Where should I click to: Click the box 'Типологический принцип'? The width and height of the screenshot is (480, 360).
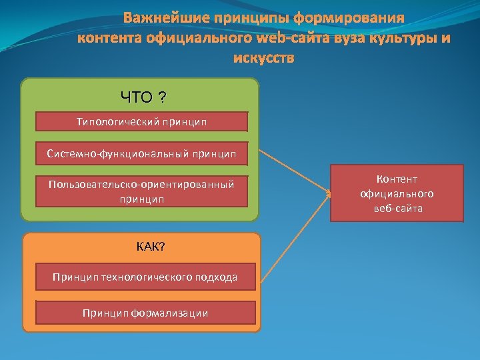[x=141, y=121]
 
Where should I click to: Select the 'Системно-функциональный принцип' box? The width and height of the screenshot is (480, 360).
[x=141, y=153]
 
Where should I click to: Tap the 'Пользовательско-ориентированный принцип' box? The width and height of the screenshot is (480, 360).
[x=141, y=191]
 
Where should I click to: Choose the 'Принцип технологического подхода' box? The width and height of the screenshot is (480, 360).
[x=145, y=277]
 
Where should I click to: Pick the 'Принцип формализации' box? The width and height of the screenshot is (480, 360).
[x=145, y=313]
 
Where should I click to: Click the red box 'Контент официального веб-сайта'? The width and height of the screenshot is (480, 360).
[x=397, y=193]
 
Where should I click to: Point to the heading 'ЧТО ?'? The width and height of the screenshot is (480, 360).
[x=143, y=98]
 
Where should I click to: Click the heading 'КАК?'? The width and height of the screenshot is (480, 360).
[x=151, y=247]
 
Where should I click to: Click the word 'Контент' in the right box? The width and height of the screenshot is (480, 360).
[x=397, y=179]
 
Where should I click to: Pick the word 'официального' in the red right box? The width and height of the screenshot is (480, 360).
[x=397, y=193]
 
